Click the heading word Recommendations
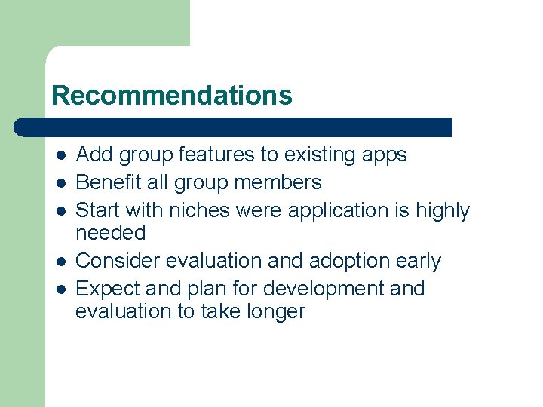click(x=171, y=96)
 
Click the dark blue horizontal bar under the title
click(x=234, y=127)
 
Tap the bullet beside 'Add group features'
click(x=61, y=156)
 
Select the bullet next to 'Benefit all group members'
click(x=61, y=184)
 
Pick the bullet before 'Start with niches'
click(x=61, y=212)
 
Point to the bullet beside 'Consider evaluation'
click(x=61, y=262)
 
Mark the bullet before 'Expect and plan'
click(x=61, y=290)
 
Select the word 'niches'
click(x=206, y=210)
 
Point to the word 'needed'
click(x=110, y=233)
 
